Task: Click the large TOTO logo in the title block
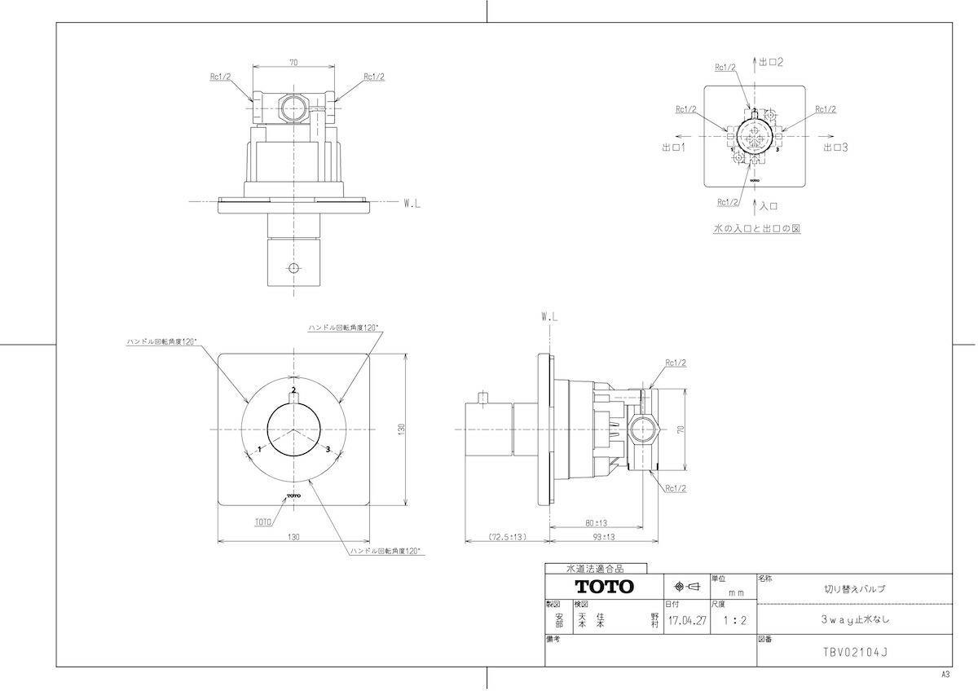click(604, 586)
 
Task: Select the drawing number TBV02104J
click(855, 652)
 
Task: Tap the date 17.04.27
click(687, 621)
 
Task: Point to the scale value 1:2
click(735, 620)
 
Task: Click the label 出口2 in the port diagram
click(771, 62)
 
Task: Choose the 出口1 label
click(674, 147)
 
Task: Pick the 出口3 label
click(835, 147)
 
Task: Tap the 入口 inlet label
click(769, 206)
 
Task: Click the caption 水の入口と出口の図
click(756, 228)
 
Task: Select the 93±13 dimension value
click(603, 537)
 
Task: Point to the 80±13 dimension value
click(596, 523)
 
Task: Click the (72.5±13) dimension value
click(507, 537)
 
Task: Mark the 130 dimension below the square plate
click(293, 537)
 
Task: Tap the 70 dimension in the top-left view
click(293, 63)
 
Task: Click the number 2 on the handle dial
click(294, 390)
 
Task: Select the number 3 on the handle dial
click(328, 449)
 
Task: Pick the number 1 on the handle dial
click(260, 449)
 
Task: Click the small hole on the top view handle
click(294, 267)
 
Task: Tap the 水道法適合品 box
click(596, 568)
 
